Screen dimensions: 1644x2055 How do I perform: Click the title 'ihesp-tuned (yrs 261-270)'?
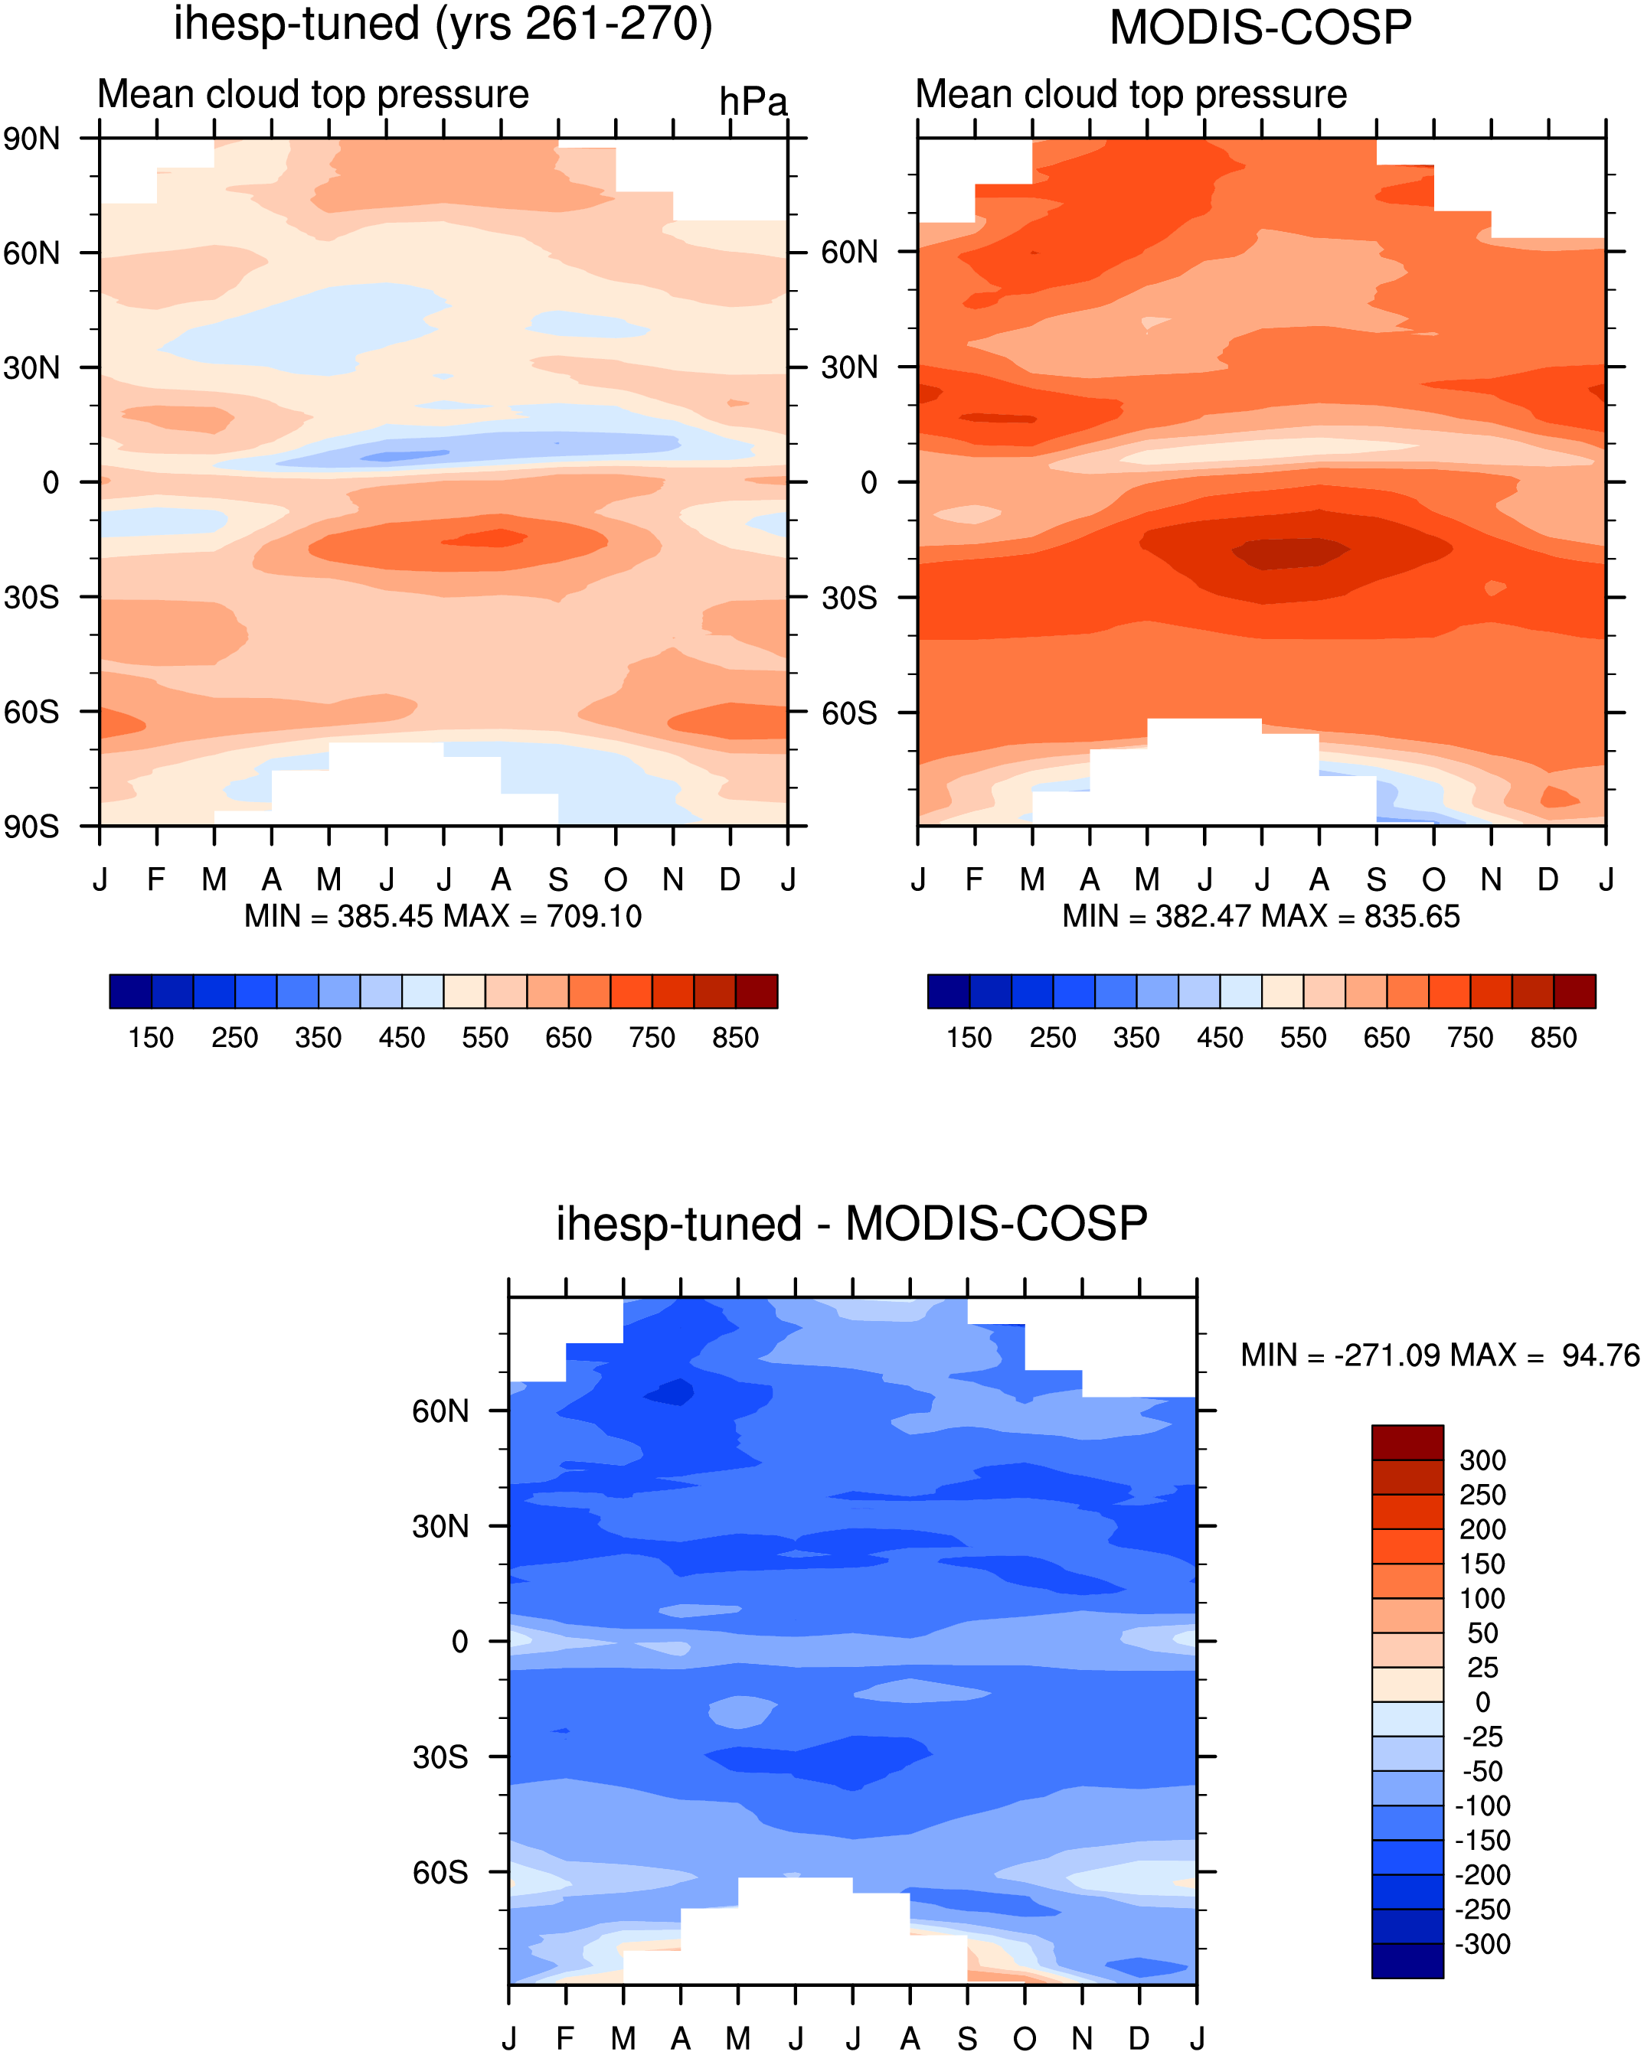(x=443, y=24)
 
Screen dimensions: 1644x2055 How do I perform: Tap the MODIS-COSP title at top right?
(x=1260, y=28)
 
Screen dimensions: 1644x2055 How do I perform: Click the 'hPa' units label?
(x=753, y=102)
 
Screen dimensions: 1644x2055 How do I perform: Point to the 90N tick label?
(x=31, y=139)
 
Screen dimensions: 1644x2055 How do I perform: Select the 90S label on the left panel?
(x=31, y=827)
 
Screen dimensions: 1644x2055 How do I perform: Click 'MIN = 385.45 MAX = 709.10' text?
(x=443, y=916)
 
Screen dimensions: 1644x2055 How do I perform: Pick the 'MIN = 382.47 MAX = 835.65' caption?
(x=1260, y=916)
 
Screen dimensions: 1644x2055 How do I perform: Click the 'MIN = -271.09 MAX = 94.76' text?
(x=1439, y=1355)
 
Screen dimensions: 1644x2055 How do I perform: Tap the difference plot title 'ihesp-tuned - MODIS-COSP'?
(x=851, y=1223)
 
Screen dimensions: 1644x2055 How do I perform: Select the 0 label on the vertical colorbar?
(x=1482, y=1702)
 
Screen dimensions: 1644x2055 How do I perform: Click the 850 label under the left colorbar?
(x=735, y=1037)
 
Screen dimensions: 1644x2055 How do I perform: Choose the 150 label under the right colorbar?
(x=969, y=1037)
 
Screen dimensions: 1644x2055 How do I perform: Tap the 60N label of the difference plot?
(x=440, y=1411)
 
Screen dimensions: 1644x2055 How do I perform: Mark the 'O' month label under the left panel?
(x=616, y=879)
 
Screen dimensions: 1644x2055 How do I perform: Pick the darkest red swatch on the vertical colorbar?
(x=1407, y=1442)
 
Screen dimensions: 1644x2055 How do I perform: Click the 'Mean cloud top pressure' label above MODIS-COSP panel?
(x=1131, y=94)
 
